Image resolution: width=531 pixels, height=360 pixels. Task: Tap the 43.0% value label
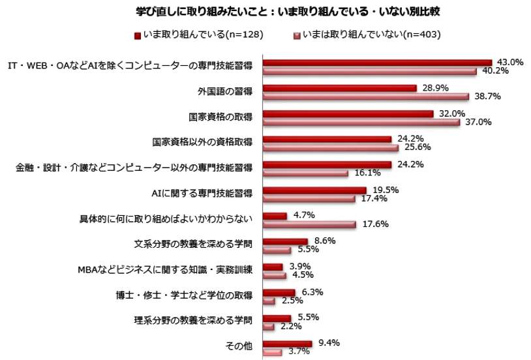pos(510,62)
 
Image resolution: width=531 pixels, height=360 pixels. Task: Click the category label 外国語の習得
pos(226,91)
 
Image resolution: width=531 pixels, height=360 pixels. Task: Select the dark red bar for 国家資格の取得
pos(348,113)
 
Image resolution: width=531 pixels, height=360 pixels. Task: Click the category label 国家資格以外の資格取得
pos(203,141)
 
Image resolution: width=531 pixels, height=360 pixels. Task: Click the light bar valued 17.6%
pos(309,224)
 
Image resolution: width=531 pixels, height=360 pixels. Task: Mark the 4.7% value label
pos(302,215)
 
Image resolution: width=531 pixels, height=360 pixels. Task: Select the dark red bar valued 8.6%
pos(285,241)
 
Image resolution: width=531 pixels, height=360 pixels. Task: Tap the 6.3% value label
pos(311,292)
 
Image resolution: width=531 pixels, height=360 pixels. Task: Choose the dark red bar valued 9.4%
pos(287,343)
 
